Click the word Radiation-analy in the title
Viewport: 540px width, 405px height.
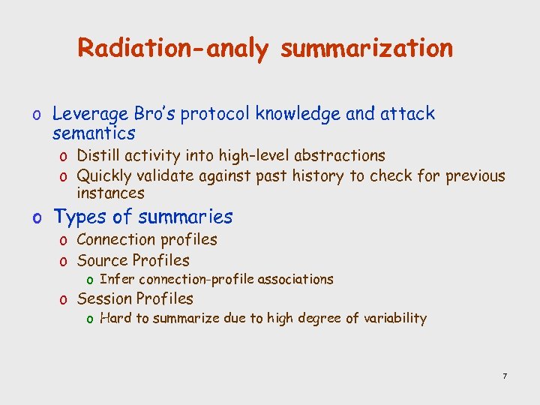click(172, 49)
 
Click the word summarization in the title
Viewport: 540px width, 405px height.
click(367, 49)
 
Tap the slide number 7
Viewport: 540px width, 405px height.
click(505, 375)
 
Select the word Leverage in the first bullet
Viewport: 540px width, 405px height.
click(91, 115)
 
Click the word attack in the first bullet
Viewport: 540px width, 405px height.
click(407, 114)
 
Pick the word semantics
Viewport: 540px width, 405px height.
click(94, 134)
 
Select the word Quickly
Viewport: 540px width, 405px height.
click(105, 176)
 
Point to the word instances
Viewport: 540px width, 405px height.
click(110, 193)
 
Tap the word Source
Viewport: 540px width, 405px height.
click(102, 261)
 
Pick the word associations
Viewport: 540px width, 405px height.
click(295, 279)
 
